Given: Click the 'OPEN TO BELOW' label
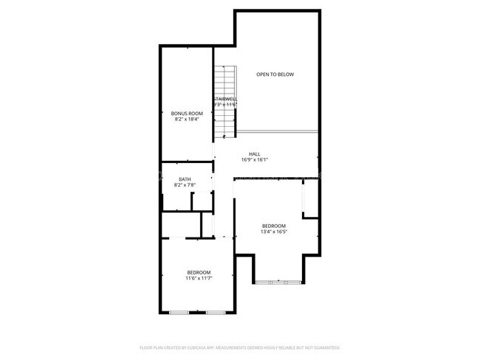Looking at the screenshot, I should click(x=275, y=75).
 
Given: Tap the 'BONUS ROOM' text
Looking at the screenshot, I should click(x=187, y=114).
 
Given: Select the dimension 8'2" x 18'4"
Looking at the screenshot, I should click(x=187, y=120).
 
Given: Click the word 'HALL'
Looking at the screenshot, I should click(x=254, y=154).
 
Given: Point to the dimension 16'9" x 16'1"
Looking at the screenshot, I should click(x=254, y=160).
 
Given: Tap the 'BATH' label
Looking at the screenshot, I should click(x=185, y=179).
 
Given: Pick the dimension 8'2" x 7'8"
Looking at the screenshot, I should click(x=185, y=185).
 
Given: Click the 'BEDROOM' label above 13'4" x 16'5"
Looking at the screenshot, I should click(x=273, y=226).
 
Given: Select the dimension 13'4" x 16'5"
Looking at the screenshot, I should click(x=273, y=232).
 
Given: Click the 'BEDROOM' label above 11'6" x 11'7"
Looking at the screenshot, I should click(x=198, y=273).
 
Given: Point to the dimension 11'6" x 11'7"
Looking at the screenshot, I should click(x=198, y=279).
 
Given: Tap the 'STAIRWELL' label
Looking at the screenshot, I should click(x=224, y=99).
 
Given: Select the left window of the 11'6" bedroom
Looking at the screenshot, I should click(x=179, y=313).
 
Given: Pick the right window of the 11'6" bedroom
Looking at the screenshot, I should click(x=215, y=313).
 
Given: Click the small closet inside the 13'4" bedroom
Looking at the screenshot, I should click(x=310, y=198).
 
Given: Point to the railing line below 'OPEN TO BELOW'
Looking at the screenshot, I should click(x=277, y=131).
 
